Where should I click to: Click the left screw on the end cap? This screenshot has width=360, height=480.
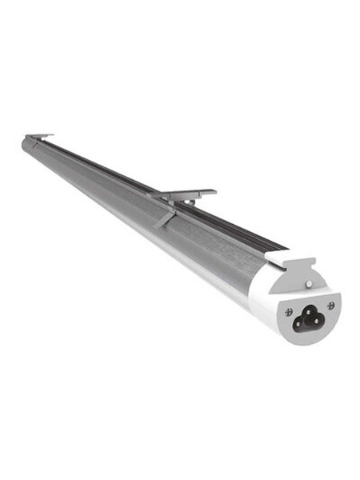click(289, 311)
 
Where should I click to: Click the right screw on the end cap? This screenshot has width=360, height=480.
click(330, 306)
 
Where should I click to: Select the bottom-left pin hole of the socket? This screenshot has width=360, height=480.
click(302, 322)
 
